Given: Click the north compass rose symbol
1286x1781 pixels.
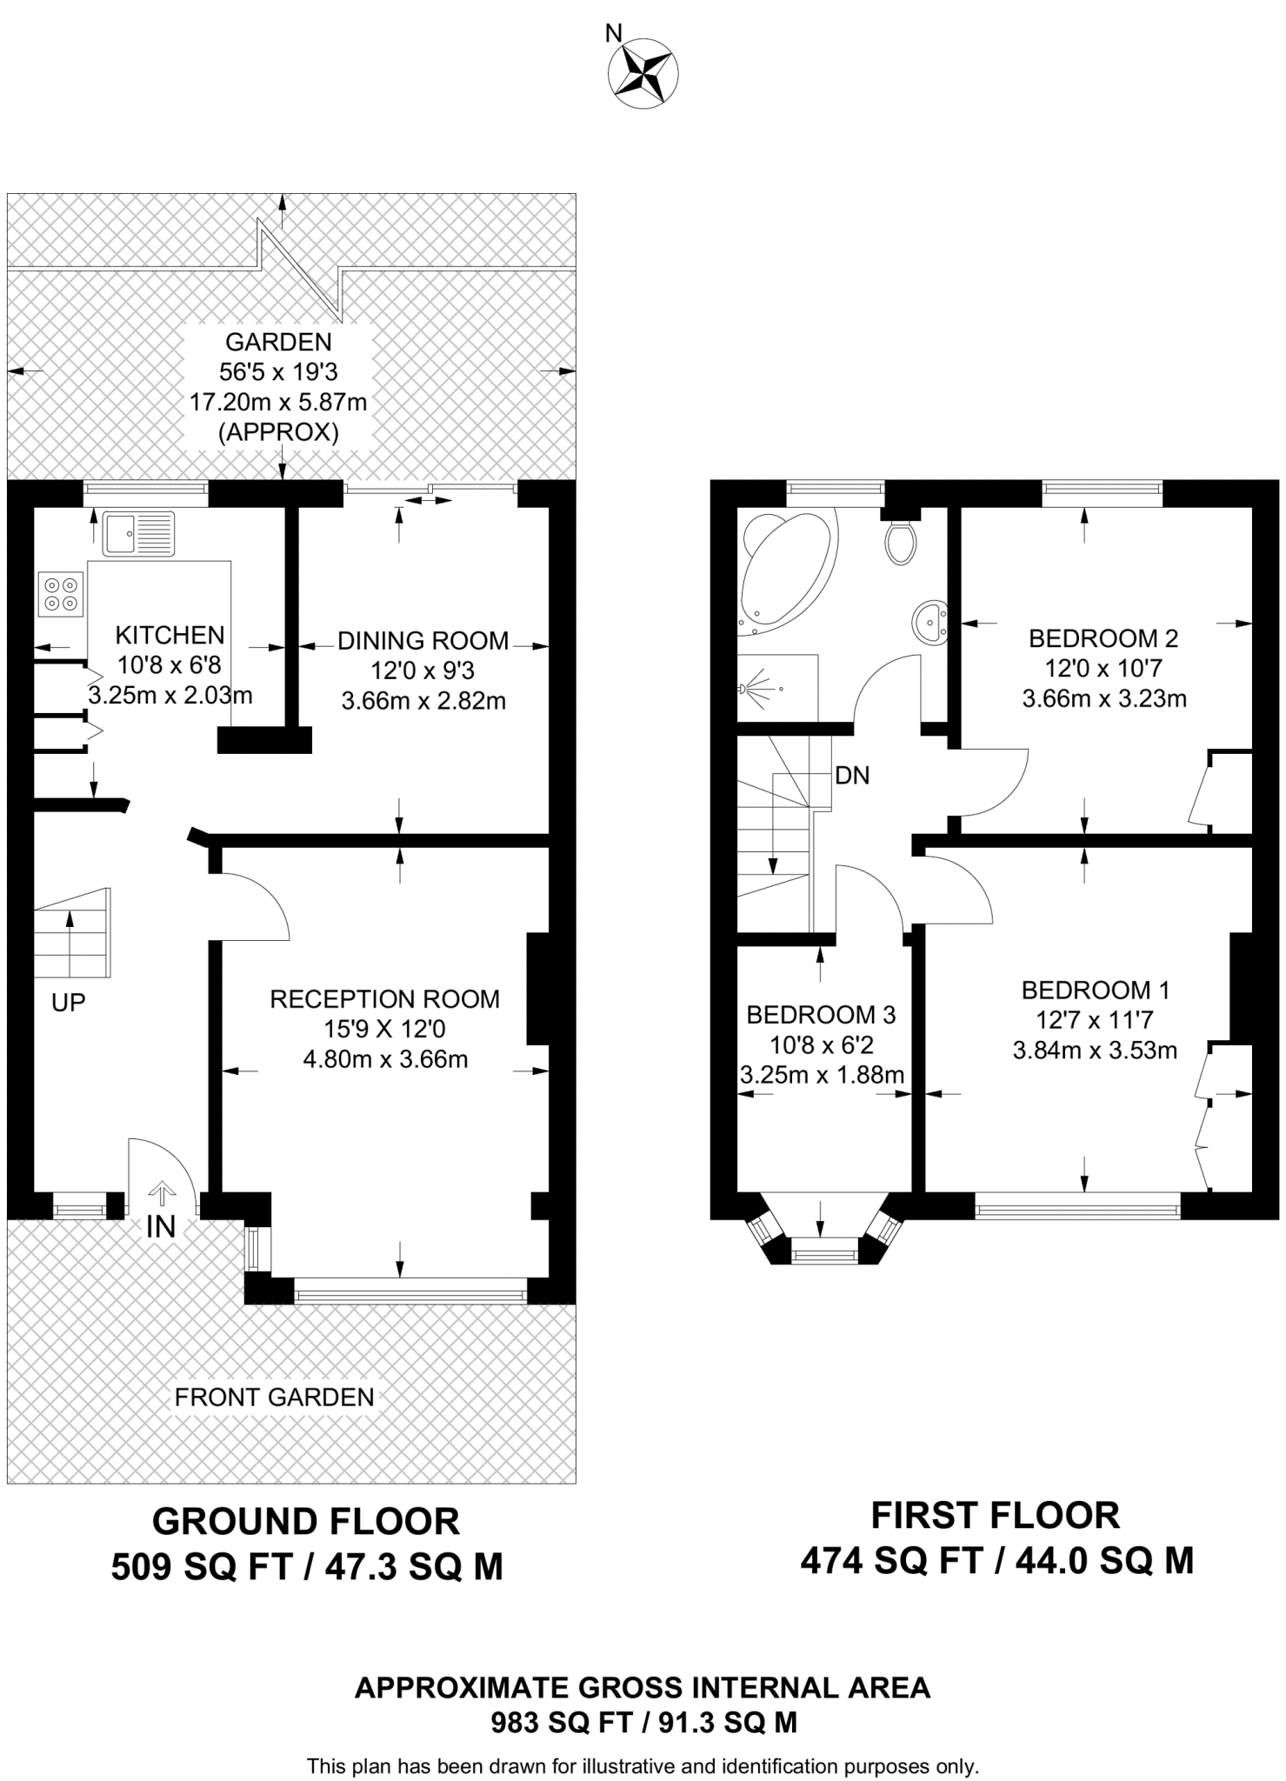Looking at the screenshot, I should click(x=644, y=74).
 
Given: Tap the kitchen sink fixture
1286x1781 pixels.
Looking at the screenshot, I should click(x=139, y=533).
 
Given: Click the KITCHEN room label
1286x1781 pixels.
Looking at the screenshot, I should click(x=170, y=635).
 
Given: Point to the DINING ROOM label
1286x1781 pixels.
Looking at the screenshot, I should click(x=423, y=641).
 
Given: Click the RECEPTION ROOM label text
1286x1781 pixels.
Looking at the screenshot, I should click(x=385, y=998).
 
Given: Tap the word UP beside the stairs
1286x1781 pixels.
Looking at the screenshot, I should click(x=69, y=1003).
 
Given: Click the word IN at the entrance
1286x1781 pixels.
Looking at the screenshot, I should click(x=161, y=1227).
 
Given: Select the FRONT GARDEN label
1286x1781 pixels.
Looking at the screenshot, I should click(x=275, y=1397).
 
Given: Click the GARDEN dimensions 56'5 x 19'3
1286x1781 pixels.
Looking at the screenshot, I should click(x=278, y=372).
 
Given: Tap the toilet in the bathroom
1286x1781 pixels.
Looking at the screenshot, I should click(x=901, y=542).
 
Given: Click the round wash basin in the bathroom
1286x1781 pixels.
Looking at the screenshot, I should click(x=930, y=623).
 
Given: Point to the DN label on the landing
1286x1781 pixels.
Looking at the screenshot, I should click(x=852, y=776).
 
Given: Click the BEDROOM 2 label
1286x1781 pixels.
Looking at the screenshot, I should click(x=1103, y=638).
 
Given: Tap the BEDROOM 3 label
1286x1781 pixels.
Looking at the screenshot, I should click(x=821, y=1014).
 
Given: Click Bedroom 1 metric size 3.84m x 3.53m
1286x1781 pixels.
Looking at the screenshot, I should click(x=1095, y=1050).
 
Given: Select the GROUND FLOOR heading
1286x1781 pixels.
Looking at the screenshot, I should click(x=306, y=1522).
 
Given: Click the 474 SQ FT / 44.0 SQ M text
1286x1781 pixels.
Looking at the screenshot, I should click(x=996, y=1562).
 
